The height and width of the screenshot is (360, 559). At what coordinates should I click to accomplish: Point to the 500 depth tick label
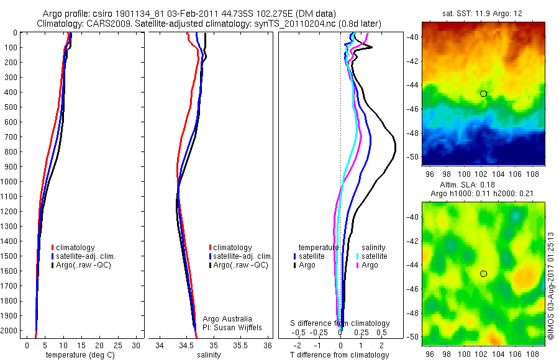pos(11,107)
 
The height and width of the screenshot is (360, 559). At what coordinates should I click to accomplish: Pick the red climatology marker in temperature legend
pos(53,248)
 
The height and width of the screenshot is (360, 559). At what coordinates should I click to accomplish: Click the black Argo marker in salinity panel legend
pos(211,265)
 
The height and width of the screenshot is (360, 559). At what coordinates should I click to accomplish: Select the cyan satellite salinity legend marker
pos(357,256)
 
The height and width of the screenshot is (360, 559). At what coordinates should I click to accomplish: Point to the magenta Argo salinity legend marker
pos(357,265)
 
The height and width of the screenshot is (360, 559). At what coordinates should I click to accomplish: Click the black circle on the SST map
pos(483,94)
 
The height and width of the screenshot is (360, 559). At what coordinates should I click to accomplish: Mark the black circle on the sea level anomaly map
pos(483,274)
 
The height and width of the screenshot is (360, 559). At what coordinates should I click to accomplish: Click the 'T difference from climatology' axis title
pos(340,355)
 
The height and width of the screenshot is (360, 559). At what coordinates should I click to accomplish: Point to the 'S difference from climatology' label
pos(340,323)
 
